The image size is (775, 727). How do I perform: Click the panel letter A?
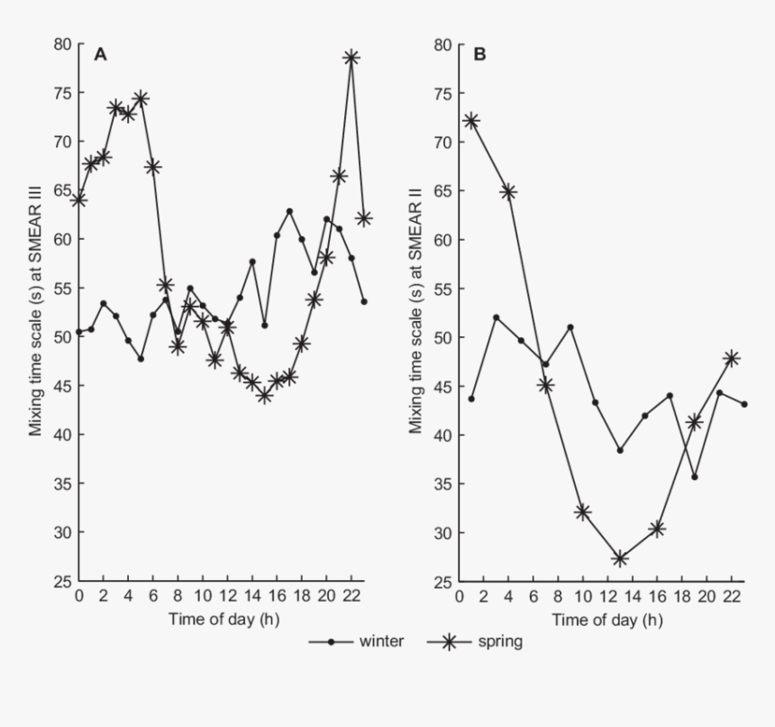[x=101, y=54]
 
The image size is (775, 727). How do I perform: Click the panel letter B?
[x=479, y=54]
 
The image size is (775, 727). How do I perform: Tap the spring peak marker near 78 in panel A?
[x=351, y=57]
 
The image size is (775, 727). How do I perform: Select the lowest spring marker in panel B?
[x=619, y=558]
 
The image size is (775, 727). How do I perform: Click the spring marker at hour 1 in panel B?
[x=470, y=121]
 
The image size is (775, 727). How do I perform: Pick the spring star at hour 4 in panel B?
[x=508, y=191]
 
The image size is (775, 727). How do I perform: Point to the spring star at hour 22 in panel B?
[x=732, y=358]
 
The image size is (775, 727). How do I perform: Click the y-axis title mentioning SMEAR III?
[x=36, y=313]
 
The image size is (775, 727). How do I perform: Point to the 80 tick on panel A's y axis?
[x=61, y=44]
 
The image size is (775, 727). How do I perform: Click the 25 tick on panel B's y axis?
[x=443, y=582]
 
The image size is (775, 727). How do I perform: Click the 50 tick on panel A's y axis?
[x=61, y=337]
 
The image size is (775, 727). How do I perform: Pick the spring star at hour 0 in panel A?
[x=79, y=199]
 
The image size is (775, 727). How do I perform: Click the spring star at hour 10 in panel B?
[x=582, y=511]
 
